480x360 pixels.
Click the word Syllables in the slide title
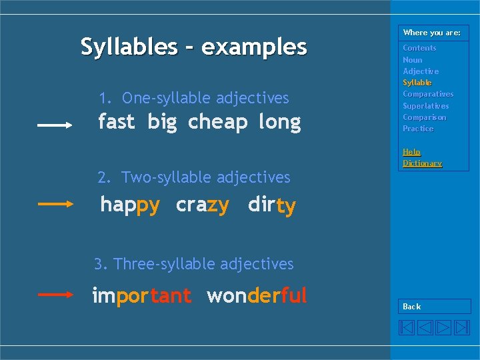click(x=129, y=47)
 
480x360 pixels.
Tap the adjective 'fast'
click(x=116, y=122)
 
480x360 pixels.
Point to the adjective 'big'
click(x=162, y=123)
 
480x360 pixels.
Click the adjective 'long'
click(x=279, y=123)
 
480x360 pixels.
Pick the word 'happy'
click(x=130, y=205)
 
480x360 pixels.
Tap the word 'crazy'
click(x=203, y=205)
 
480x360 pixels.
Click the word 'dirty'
click(x=271, y=205)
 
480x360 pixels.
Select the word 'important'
click(x=142, y=295)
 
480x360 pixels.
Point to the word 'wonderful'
click(x=257, y=295)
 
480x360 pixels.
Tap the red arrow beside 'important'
click(x=55, y=293)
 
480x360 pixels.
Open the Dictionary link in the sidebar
click(x=422, y=163)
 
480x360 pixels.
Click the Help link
click(x=411, y=152)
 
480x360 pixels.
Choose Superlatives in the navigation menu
click(x=426, y=106)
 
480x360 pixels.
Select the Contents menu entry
click(x=419, y=48)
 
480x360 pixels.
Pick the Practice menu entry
click(x=418, y=129)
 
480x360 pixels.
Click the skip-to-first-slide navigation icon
click(x=407, y=327)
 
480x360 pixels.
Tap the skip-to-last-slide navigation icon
click(x=462, y=327)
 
